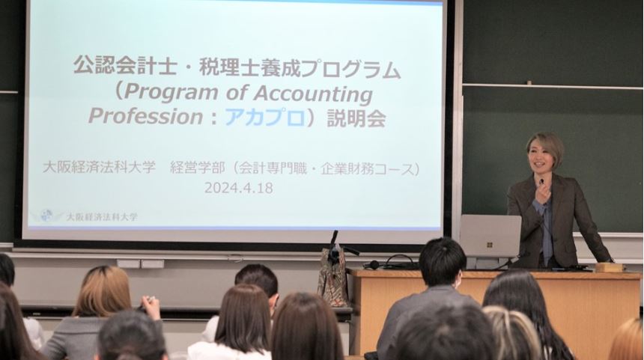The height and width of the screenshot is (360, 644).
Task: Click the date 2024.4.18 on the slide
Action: tap(239, 188)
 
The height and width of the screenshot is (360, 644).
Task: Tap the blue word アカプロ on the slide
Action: tap(265, 118)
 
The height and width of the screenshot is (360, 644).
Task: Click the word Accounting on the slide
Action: tap(313, 94)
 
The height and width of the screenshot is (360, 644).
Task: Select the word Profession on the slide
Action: tap(146, 116)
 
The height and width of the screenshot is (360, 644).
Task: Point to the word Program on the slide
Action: tap(171, 94)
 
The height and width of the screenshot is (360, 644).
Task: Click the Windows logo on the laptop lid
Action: tap(490, 245)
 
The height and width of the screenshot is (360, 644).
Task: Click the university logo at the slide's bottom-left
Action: tap(46, 215)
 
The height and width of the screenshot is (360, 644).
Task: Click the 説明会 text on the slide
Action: tap(356, 118)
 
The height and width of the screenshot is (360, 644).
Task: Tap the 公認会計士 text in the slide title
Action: tap(120, 66)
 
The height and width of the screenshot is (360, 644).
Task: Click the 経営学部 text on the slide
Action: tap(198, 168)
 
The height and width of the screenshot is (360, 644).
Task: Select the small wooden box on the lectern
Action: tap(610, 268)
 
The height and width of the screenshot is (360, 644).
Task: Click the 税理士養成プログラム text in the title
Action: tap(300, 68)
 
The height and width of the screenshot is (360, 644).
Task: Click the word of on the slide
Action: tap(235, 94)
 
